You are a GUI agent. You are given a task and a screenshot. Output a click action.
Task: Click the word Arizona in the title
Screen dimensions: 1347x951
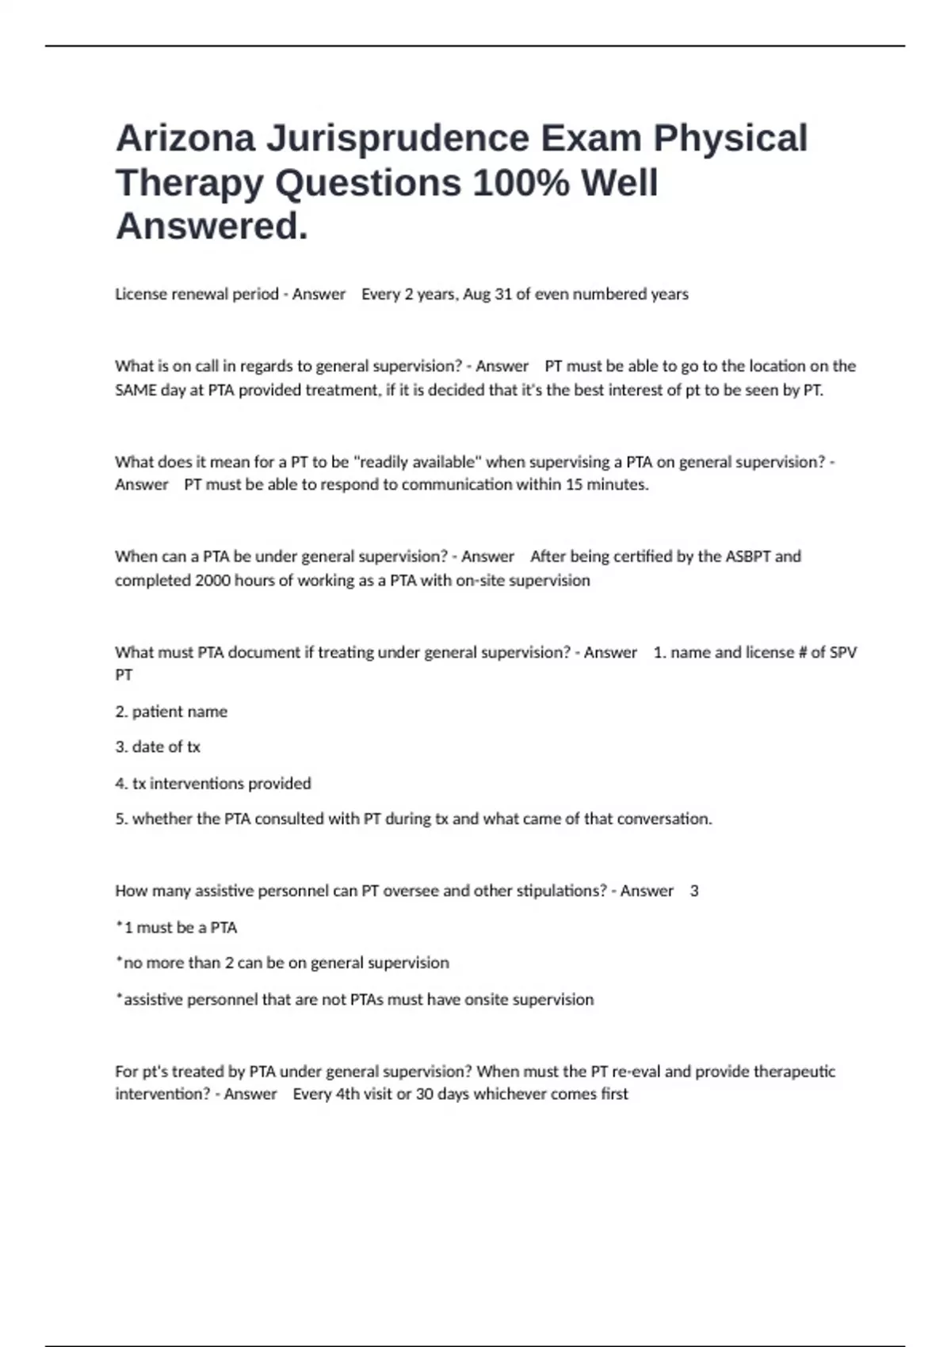pyautogui.click(x=185, y=138)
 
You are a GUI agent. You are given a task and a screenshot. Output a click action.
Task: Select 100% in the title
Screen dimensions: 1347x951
pyautogui.click(x=521, y=183)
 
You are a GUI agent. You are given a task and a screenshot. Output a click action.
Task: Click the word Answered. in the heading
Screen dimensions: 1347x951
pyautogui.click(x=212, y=227)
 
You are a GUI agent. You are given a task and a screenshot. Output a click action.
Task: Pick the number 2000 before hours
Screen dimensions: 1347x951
pyautogui.click(x=212, y=580)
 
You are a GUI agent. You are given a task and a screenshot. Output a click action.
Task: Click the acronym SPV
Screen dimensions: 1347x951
pyautogui.click(x=842, y=652)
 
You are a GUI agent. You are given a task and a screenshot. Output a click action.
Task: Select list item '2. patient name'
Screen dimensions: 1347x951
pyautogui.click(x=171, y=712)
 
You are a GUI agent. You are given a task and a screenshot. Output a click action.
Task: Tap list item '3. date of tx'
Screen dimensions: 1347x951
pyautogui.click(x=158, y=746)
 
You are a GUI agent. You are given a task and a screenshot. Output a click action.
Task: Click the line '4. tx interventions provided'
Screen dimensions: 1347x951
pyautogui.click(x=213, y=783)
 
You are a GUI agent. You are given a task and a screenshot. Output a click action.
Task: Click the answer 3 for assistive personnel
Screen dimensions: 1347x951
pyautogui.click(x=694, y=891)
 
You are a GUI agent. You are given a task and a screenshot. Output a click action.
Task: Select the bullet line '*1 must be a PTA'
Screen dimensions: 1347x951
pyautogui.click(x=177, y=927)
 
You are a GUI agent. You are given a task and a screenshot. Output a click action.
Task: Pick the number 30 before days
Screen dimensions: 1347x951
pyautogui.click(x=424, y=1093)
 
